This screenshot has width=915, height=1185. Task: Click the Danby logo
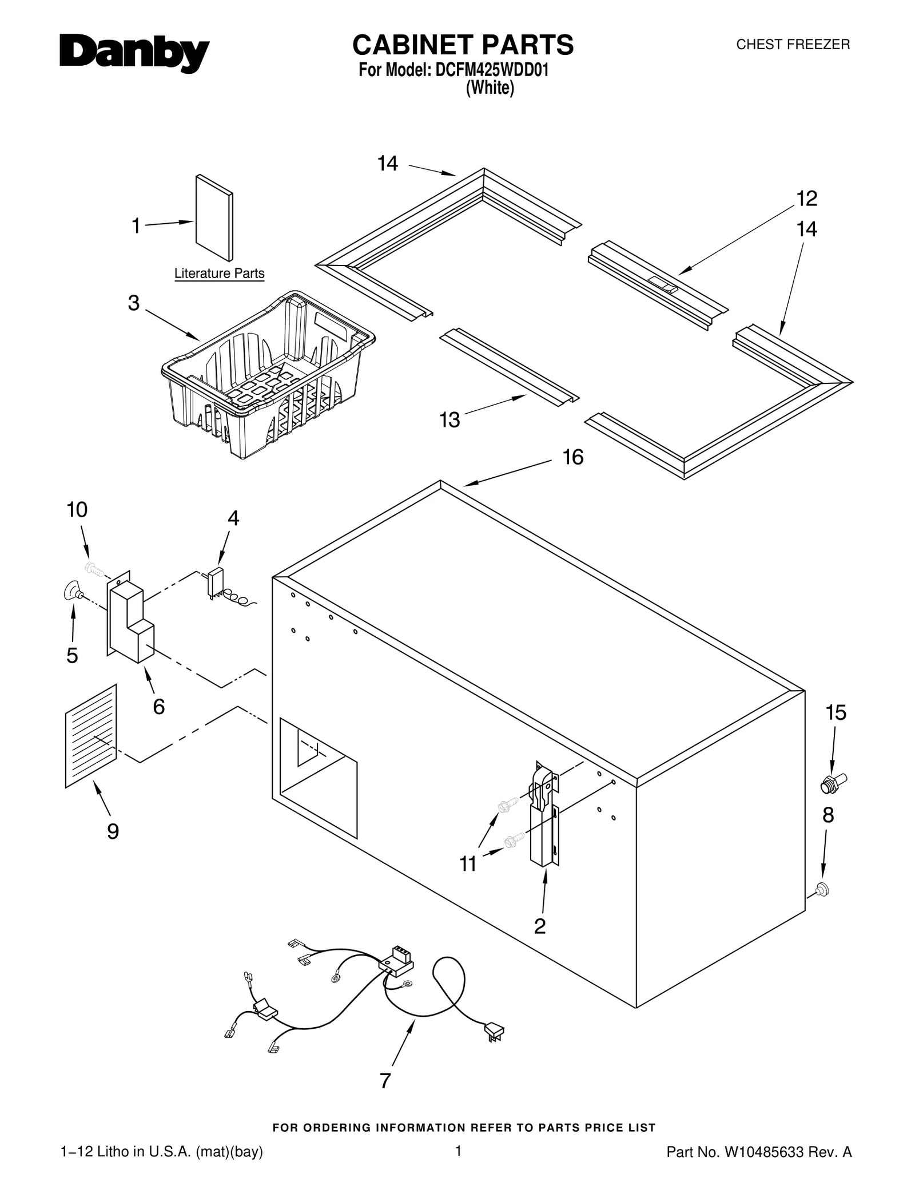tap(134, 54)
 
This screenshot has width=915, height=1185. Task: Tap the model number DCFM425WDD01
tap(492, 70)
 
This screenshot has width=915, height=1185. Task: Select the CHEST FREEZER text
tap(793, 45)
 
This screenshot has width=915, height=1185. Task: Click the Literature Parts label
tap(219, 274)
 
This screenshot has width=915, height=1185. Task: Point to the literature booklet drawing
tap(214, 217)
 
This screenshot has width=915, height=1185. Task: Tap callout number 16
tap(572, 457)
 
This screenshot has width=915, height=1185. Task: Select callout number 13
tap(449, 420)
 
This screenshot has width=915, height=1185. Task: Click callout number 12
tap(807, 199)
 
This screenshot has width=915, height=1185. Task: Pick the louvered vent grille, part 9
tap(91, 736)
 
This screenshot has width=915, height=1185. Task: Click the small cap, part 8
tap(822, 890)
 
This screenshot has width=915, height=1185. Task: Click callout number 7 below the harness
tap(385, 1081)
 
